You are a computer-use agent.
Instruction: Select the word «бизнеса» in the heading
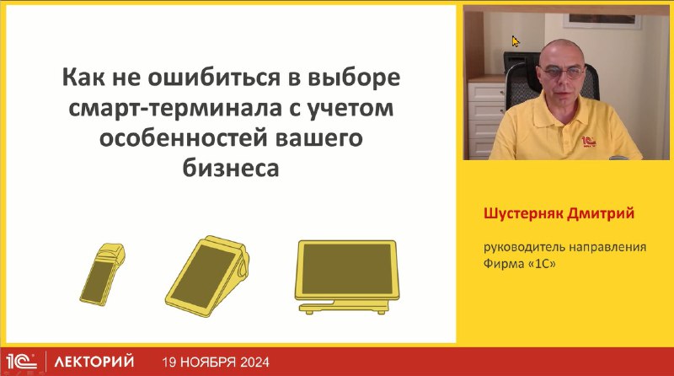[231, 168]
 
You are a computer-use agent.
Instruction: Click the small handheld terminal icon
[102, 275]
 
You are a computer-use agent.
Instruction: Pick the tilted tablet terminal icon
[207, 277]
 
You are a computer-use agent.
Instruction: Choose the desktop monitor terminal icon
[347, 277]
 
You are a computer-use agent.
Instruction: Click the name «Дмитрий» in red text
[600, 213]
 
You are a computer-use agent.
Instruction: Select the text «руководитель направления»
[564, 248]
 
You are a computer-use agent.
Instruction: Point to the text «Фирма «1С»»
[520, 264]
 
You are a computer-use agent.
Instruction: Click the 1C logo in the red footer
[22, 362]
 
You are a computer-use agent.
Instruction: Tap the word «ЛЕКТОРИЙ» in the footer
[94, 362]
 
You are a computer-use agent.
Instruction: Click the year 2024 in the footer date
[255, 363]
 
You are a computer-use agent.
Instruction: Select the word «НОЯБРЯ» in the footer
[207, 363]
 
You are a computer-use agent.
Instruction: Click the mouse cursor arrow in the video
[516, 41]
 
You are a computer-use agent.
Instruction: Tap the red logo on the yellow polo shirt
[588, 142]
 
